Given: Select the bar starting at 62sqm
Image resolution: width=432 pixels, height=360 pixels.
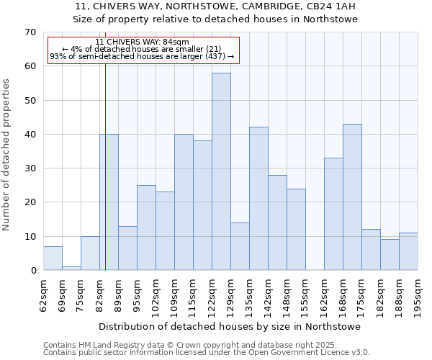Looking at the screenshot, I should (53, 258).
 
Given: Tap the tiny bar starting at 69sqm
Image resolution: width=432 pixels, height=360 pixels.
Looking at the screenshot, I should (71, 268).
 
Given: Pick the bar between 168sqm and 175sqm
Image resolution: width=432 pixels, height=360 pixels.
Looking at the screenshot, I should (352, 197).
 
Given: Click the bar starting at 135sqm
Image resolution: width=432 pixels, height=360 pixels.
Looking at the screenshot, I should (258, 199).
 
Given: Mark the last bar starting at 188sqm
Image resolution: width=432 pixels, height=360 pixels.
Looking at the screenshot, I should (408, 251).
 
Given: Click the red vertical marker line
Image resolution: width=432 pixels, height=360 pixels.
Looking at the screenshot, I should (105, 180).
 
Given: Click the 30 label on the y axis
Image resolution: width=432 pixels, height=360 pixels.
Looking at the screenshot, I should (30, 168).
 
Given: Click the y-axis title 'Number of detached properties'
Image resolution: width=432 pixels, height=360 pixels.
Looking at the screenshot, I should (7, 155).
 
